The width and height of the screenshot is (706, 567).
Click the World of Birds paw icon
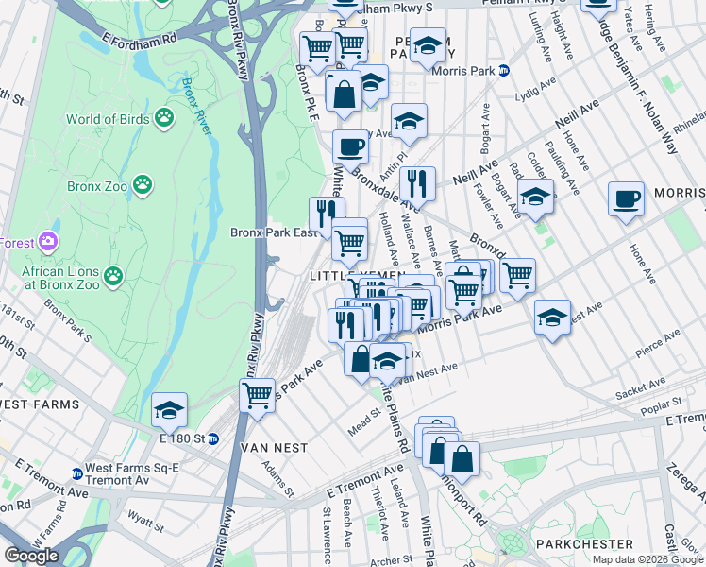coord(165,119)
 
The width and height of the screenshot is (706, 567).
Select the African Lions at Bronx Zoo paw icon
coord(113,276)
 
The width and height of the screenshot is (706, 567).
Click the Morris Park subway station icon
coord(504,70)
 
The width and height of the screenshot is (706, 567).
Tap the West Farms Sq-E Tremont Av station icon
coord(77,474)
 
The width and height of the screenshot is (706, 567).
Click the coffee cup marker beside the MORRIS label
coord(626,198)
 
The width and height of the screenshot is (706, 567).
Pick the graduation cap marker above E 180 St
coord(169,408)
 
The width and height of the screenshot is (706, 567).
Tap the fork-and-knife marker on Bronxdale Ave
coord(416,181)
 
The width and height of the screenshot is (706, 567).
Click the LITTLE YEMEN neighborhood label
coord(358,275)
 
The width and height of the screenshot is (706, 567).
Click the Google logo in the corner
coord(32,556)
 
